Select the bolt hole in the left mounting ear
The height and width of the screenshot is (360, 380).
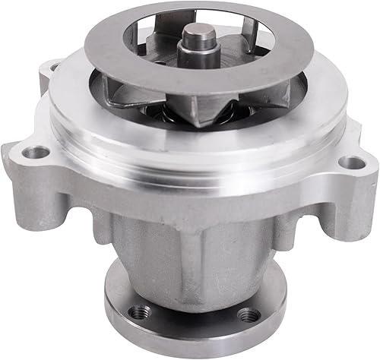[32, 153]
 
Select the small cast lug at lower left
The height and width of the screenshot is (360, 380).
[103, 220]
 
